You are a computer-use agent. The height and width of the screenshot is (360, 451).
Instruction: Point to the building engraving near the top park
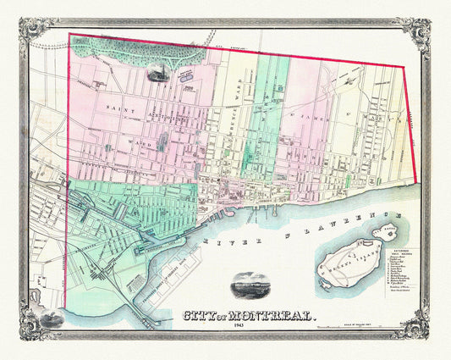click(x=157, y=73)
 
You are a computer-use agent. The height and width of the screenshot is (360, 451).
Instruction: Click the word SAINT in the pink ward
click(x=121, y=110)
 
